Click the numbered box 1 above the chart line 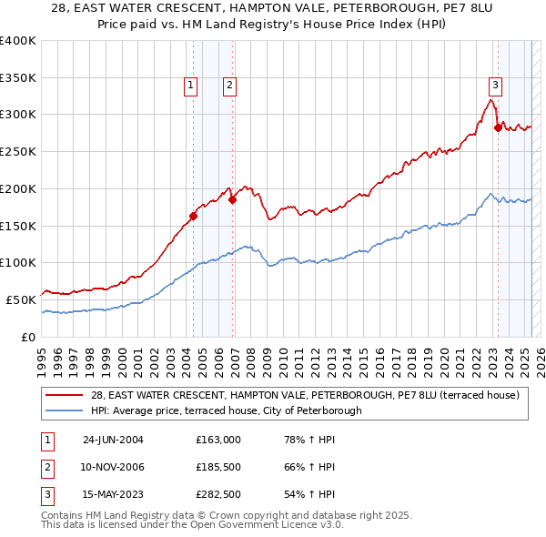point(191,86)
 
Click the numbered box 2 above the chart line point(229,86)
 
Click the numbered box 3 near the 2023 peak point(496,86)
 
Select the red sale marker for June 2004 point(193,216)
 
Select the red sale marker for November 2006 point(232,199)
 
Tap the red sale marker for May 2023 point(498,127)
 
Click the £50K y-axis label point(22,299)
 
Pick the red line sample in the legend point(66,395)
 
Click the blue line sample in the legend point(66,410)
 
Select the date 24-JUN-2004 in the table point(113,440)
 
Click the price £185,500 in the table point(218,467)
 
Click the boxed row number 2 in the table point(46,467)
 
